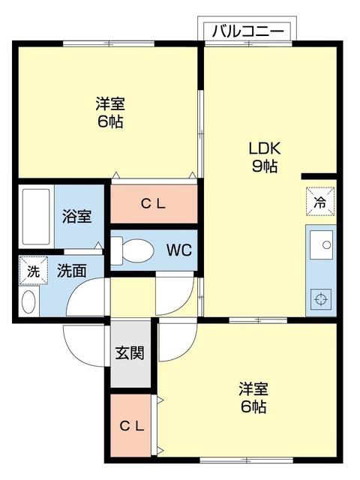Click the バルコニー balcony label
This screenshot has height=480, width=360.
pos(247,31)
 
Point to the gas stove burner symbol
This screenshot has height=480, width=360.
pos(322,298)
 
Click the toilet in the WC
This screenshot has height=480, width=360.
pos(134,250)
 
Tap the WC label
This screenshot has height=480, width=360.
pos(178,249)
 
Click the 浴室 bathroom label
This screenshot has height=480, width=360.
pos(76,217)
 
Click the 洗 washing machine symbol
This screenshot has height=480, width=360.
pos(33,272)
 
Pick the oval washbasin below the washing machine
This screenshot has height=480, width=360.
pos(28,302)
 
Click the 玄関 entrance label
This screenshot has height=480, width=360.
pos(130,352)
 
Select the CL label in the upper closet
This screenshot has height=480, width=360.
pos(154,202)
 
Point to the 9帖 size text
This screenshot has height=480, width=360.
pos(264,166)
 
